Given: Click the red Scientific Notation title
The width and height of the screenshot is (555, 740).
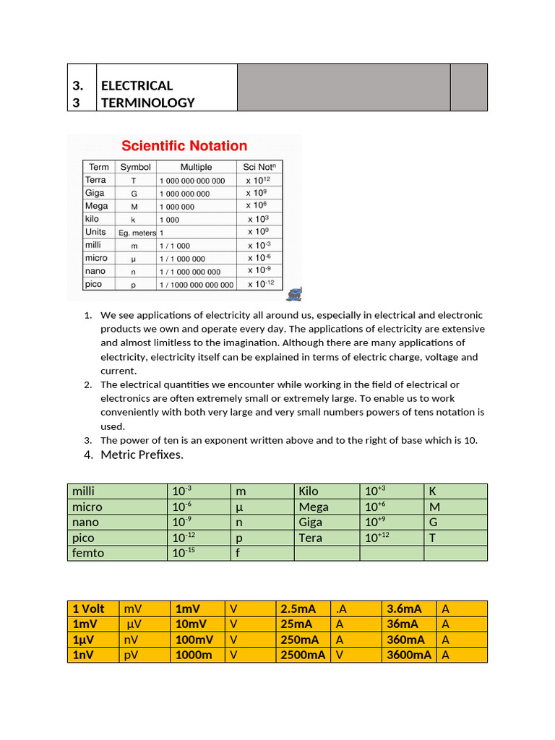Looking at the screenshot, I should [184, 146].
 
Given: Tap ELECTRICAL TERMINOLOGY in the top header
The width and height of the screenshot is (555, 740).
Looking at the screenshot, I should [148, 94].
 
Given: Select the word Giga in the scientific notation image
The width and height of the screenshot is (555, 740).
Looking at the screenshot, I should [95, 193].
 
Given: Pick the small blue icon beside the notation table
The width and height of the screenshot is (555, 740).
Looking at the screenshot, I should [295, 293].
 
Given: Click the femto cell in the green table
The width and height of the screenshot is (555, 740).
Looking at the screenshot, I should [88, 553].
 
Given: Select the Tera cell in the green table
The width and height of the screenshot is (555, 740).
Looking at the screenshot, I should [311, 538].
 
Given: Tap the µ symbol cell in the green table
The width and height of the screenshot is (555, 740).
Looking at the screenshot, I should [241, 507].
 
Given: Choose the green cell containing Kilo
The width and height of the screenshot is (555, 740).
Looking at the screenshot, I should [309, 491].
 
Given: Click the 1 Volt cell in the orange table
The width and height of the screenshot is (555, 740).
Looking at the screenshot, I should [89, 608].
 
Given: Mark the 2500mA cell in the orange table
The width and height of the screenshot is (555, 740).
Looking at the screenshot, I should [302, 655].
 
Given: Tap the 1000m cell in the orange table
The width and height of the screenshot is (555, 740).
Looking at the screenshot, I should [194, 655].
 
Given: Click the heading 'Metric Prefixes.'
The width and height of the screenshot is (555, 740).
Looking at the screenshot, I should [142, 455].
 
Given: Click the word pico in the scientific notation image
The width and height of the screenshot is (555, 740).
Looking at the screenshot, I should [95, 284].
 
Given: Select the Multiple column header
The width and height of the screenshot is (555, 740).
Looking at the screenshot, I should [196, 167].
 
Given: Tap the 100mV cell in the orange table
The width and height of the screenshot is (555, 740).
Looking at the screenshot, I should [195, 640].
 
